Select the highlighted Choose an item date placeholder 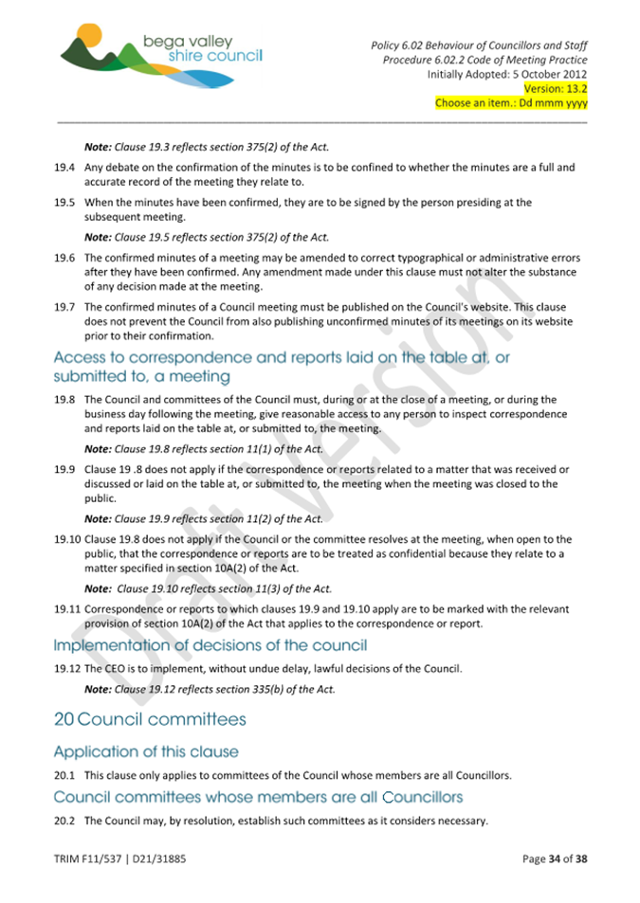510,103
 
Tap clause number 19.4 64,168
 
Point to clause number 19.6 64,258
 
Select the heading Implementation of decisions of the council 210,646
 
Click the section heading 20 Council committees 149,719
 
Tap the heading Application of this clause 146,752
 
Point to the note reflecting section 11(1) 204,449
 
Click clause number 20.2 64,821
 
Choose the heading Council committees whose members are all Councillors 258,797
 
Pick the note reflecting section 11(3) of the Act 208,588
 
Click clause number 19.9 64,470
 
